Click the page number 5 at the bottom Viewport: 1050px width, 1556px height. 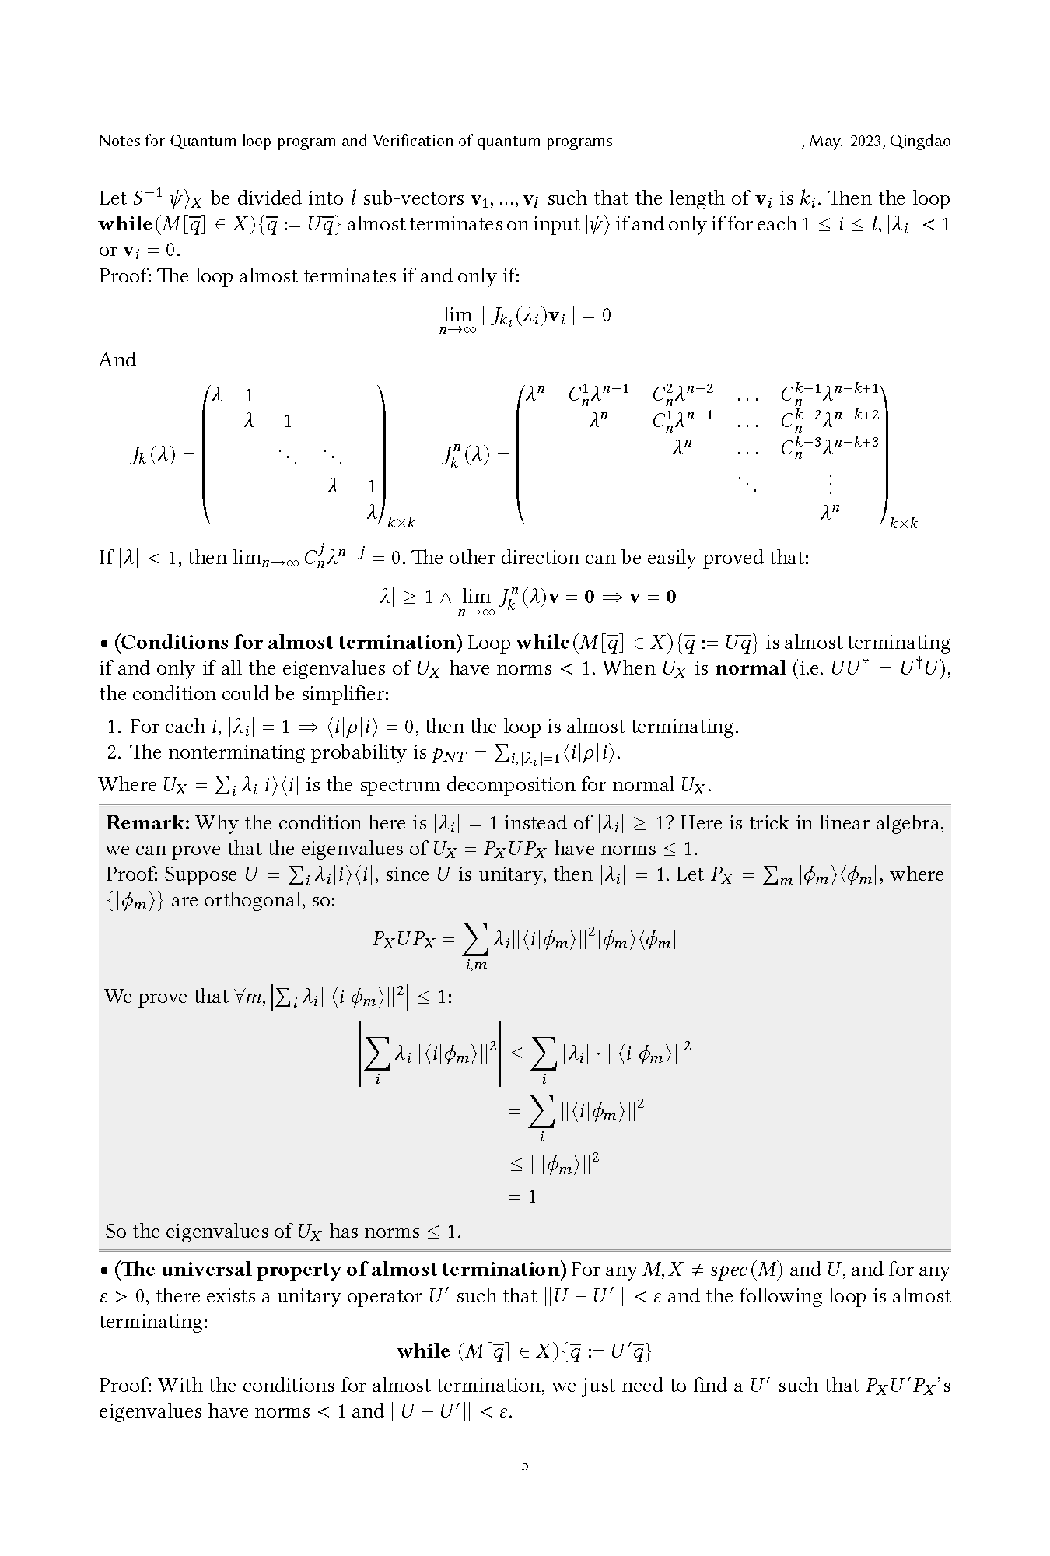click(x=525, y=1465)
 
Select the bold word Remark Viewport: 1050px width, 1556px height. click(x=147, y=823)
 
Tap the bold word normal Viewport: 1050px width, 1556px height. click(x=750, y=668)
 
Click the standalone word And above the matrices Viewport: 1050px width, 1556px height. click(x=117, y=359)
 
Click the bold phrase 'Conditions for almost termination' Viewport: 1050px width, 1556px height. click(x=289, y=643)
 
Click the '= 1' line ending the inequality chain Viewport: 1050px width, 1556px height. click(x=523, y=1197)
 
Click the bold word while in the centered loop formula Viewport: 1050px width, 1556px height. click(x=423, y=1351)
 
